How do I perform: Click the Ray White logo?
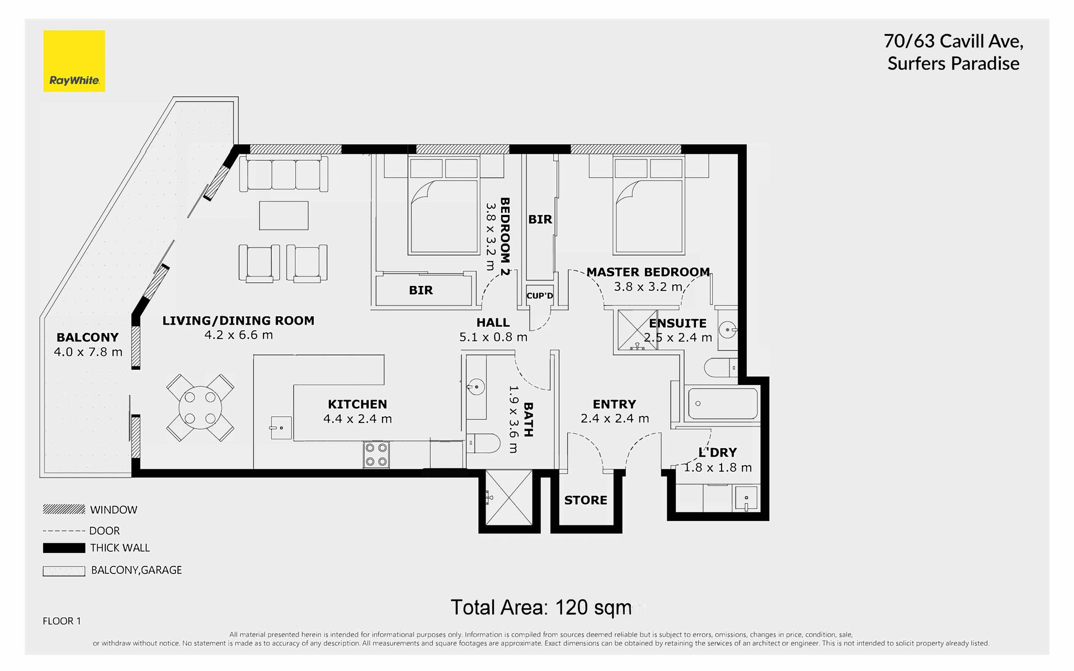[74, 61]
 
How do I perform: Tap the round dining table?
[200, 408]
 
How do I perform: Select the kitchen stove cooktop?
[376, 454]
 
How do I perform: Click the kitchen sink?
[281, 428]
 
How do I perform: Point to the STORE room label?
[586, 500]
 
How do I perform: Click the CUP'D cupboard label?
[540, 295]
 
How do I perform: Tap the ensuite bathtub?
[722, 403]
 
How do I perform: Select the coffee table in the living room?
[284, 215]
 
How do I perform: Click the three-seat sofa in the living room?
[284, 174]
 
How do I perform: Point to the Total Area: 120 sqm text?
[541, 607]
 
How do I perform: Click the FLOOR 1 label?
[62, 621]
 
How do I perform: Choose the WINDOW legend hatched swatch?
[64, 509]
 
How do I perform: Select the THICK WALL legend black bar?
[64, 548]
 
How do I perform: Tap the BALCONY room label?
[88, 337]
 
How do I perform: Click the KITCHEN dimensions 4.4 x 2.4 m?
[357, 419]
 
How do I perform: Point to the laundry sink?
[746, 498]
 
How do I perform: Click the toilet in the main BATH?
[483, 443]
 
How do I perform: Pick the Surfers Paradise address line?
[953, 64]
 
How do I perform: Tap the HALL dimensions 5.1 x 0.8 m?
[493, 337]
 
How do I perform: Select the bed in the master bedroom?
[649, 206]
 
